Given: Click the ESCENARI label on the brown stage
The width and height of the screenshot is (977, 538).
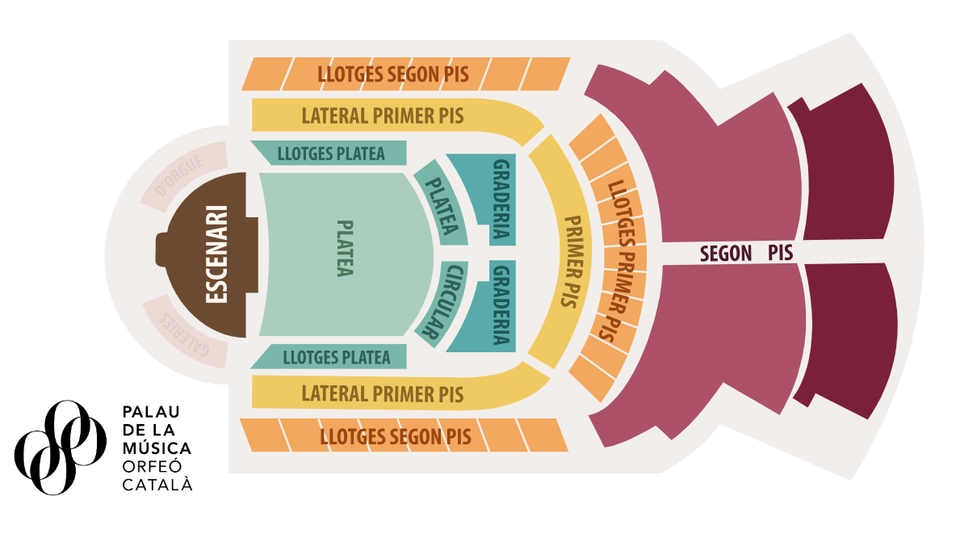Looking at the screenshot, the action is [216, 254].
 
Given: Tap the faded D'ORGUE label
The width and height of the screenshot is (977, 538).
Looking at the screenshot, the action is [179, 176].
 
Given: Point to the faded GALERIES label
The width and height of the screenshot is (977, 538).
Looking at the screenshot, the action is [184, 334].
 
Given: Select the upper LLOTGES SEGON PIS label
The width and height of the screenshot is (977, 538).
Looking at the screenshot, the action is [393, 74].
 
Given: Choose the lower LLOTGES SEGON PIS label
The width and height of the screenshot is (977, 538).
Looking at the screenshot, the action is [396, 436].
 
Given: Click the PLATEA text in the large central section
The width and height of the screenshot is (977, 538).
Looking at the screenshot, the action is [345, 248].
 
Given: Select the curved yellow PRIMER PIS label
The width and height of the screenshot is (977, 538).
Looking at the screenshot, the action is [572, 262].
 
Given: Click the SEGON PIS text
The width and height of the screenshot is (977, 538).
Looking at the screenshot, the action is [746, 253].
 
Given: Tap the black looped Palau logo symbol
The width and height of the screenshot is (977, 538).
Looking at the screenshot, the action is [60, 448].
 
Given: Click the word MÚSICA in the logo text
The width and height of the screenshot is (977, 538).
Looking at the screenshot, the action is [157, 448].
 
